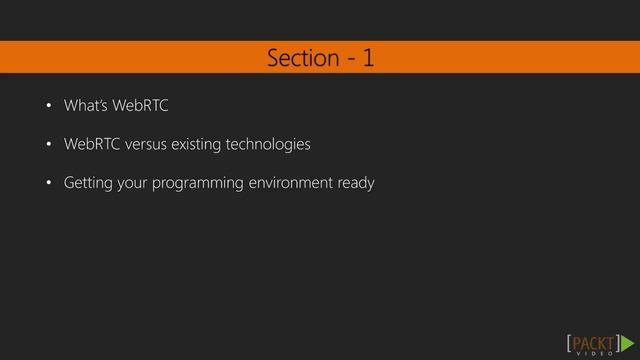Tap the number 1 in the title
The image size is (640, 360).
point(368,58)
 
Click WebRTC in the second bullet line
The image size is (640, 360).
point(90,145)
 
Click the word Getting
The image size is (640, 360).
point(87,185)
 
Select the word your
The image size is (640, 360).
point(133,185)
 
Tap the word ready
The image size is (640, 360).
point(355,185)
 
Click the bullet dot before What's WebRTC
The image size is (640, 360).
point(46,106)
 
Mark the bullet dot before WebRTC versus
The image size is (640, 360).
point(46,146)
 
